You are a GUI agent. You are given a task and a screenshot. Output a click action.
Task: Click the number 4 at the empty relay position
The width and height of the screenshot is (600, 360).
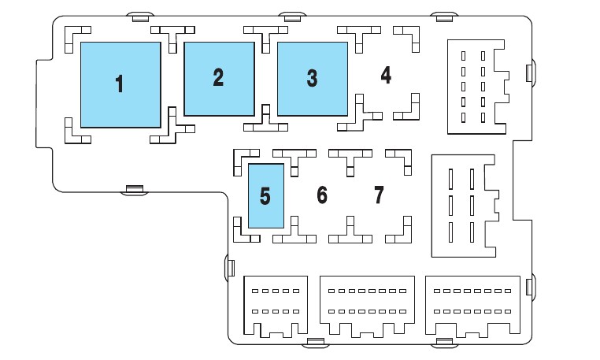coord(385,76)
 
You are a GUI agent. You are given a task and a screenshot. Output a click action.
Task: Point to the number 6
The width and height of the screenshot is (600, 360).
coord(321,195)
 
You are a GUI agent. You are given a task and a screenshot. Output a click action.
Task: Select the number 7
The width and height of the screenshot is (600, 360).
coord(379,195)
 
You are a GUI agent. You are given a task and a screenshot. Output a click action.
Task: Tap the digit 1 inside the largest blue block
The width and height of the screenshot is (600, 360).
coord(120,84)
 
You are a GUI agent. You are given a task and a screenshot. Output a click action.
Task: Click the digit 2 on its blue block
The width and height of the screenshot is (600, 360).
coord(218,77)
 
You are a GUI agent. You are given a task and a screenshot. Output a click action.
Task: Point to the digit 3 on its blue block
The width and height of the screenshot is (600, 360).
coord(312,78)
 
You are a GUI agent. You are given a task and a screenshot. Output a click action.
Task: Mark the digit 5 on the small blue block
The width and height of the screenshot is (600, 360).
coord(265,196)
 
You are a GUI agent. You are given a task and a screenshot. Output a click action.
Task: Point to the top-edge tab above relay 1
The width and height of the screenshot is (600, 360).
coord(139,17)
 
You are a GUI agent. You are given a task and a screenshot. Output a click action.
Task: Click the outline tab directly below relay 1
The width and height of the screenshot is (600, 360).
coord(134,189)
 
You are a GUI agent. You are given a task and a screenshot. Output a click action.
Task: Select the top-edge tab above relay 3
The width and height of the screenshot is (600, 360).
coord(292,17)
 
